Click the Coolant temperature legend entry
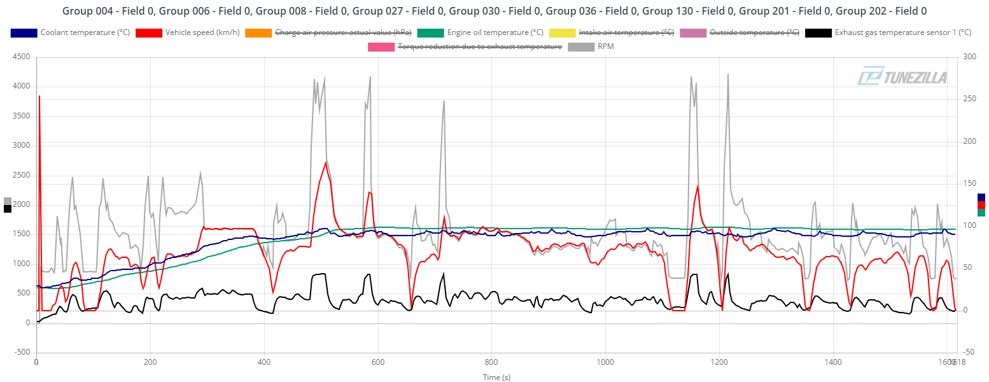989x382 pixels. pyautogui.click(x=85, y=32)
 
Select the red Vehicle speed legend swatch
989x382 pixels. pyautogui.click(x=149, y=32)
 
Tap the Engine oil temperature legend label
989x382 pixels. pyautogui.click(x=495, y=32)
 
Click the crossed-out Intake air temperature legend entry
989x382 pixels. pyautogui.click(x=626, y=32)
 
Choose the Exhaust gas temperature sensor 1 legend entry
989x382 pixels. pyautogui.click(x=902, y=32)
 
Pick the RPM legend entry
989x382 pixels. pyautogui.click(x=605, y=46)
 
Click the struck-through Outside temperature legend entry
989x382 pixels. pyautogui.click(x=754, y=32)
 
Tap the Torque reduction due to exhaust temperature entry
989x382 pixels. pyautogui.click(x=479, y=46)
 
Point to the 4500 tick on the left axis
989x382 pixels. pyautogui.click(x=22, y=57)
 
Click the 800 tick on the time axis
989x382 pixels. pyautogui.click(x=491, y=362)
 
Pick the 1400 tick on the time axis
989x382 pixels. pyautogui.click(x=833, y=362)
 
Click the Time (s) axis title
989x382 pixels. pyautogui.click(x=496, y=377)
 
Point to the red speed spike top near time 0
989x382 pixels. pyautogui.click(x=39, y=96)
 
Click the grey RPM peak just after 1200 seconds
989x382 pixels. pyautogui.click(x=728, y=74)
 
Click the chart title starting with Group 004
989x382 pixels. pyautogui.click(x=494, y=11)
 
